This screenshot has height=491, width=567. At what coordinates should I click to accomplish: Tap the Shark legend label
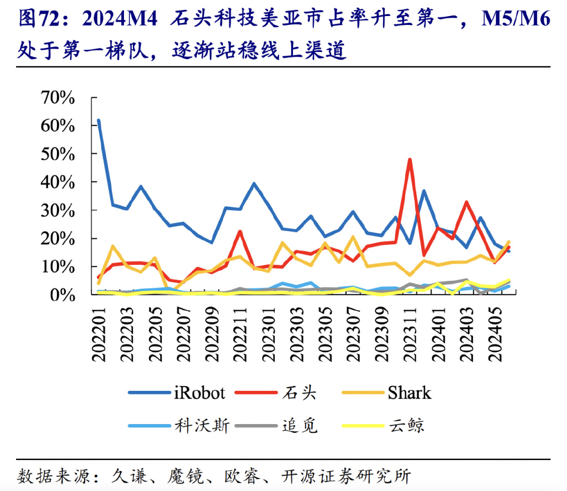point(409,393)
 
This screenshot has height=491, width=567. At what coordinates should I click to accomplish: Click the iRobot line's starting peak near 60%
point(99,120)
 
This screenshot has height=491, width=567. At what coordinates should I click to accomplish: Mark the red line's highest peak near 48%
point(410,160)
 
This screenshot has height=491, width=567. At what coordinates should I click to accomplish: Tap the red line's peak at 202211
point(240,232)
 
